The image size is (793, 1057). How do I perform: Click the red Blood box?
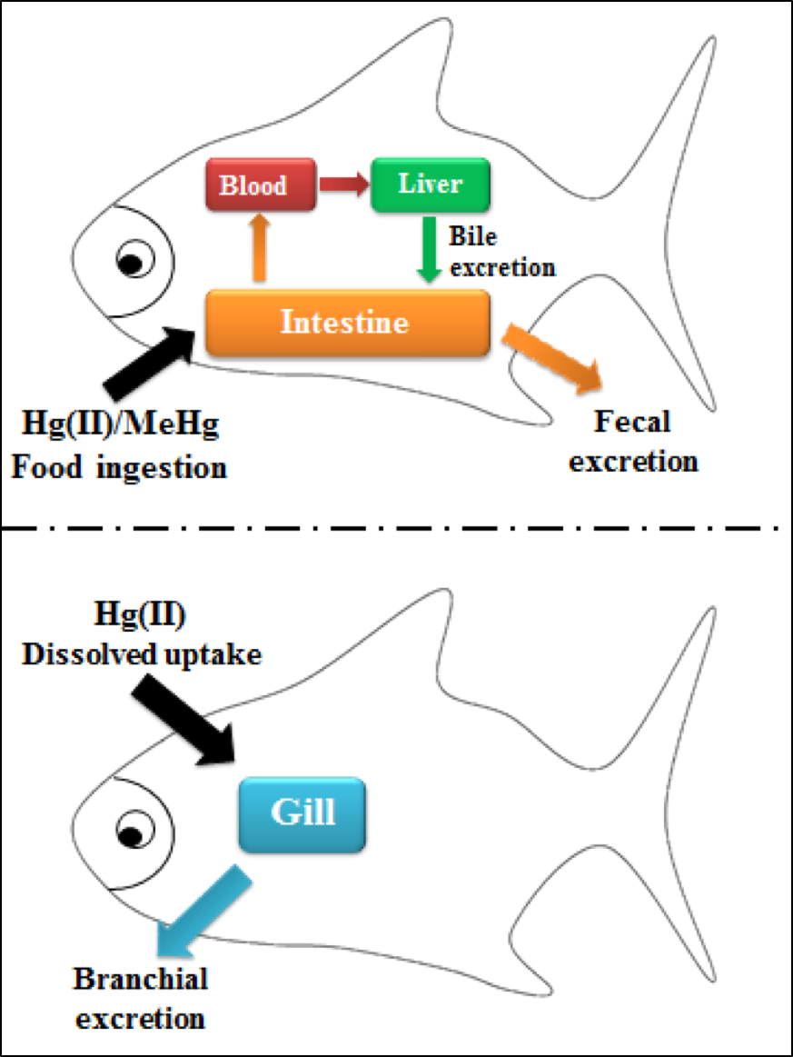pos(262,184)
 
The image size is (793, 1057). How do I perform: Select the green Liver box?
pos(430,184)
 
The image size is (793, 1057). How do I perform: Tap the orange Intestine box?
pos(348,323)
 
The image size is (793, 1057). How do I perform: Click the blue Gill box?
pos(302,813)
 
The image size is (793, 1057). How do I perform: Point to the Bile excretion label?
pos(501,252)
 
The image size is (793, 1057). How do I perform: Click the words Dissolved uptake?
pos(141,654)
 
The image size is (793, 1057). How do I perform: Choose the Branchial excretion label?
pos(141,997)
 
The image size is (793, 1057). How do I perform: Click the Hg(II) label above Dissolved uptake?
pos(141,616)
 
